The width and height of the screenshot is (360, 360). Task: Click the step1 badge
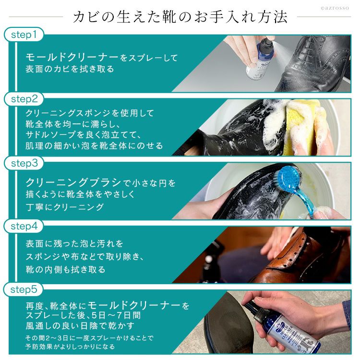(24, 35)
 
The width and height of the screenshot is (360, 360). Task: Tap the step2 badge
(24, 99)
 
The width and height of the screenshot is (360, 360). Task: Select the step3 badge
(24, 163)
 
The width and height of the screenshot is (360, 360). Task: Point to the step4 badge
(24, 226)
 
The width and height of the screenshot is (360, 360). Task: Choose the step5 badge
(24, 289)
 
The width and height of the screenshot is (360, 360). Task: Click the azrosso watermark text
(335, 8)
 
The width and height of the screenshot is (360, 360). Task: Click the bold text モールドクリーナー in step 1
(72, 57)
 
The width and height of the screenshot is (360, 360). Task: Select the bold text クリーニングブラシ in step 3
(73, 182)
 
